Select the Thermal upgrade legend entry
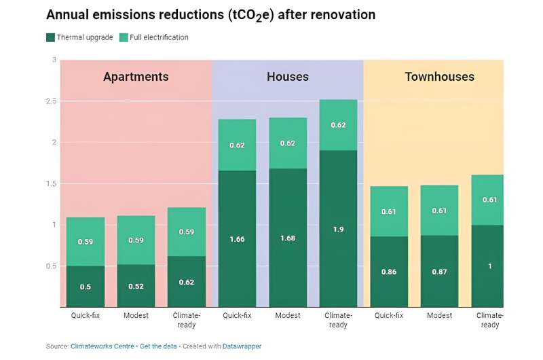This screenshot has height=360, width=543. [x=80, y=37]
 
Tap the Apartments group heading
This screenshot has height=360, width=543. [x=136, y=77]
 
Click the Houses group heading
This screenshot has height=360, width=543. [x=288, y=77]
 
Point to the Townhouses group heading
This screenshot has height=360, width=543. [x=439, y=77]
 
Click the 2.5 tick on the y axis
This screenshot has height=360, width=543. [x=51, y=101]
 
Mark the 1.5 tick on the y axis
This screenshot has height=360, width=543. [x=51, y=183]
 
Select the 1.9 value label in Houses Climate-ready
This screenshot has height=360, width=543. [x=338, y=229]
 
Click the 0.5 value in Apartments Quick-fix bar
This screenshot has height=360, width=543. [x=85, y=287]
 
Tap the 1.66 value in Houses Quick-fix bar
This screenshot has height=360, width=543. [x=237, y=239]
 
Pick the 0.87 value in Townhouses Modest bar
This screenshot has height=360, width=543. [x=439, y=272]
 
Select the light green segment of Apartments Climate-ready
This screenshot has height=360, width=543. [x=186, y=232]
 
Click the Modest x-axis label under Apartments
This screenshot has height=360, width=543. [x=136, y=315]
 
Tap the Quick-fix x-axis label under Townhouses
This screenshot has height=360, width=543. [x=389, y=315]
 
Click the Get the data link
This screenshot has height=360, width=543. [x=158, y=346]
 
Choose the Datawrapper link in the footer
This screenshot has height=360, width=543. [x=242, y=346]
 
